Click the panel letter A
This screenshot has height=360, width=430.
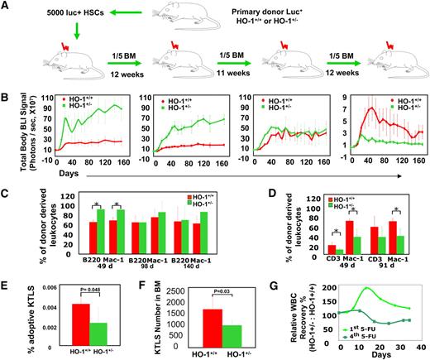(7, 7)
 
